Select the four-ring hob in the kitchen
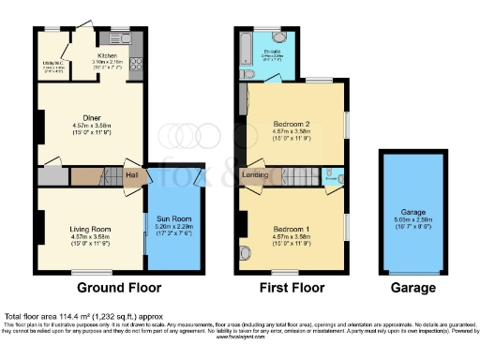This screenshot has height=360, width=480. pos(136,65)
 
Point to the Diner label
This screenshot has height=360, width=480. pos(92,118)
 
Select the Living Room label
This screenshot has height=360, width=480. pos(91,229)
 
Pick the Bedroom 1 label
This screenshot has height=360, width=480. pos(293,229)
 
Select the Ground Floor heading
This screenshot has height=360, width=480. pos(119,288)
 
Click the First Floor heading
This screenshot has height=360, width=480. pos(292,288)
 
